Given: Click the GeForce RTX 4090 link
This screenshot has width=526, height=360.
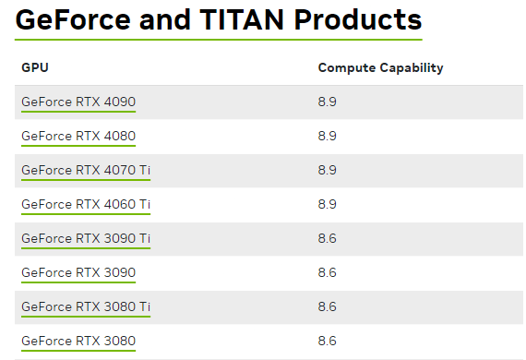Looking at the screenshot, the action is click(x=78, y=102).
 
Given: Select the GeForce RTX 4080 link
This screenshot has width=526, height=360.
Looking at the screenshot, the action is click(x=78, y=137).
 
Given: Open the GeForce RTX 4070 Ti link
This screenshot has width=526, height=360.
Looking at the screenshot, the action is click(x=86, y=171).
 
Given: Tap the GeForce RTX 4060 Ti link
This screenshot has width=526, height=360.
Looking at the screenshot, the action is click(x=86, y=204).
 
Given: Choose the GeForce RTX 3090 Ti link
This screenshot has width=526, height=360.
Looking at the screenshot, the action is click(x=86, y=238).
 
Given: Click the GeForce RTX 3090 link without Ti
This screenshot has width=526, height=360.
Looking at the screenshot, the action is click(x=78, y=272).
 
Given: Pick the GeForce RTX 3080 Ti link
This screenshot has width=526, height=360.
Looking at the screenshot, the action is click(x=86, y=307).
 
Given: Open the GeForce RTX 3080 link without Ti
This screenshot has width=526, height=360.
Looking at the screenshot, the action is click(x=78, y=342).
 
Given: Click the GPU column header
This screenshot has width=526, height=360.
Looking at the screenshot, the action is click(x=35, y=67).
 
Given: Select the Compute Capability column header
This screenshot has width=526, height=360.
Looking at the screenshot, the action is click(x=381, y=68).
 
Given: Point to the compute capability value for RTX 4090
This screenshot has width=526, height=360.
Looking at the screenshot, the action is click(x=327, y=102).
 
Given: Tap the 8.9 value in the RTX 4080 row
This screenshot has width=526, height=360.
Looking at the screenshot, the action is click(x=327, y=137).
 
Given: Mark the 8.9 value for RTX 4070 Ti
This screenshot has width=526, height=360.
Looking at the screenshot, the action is click(x=327, y=171).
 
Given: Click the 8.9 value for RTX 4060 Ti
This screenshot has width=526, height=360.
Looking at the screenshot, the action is click(x=327, y=204).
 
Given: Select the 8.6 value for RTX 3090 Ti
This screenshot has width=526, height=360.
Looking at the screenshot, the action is click(x=327, y=238).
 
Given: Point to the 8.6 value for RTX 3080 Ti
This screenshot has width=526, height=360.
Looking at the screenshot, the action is click(x=327, y=307).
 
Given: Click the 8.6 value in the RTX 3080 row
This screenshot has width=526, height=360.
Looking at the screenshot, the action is click(x=327, y=342).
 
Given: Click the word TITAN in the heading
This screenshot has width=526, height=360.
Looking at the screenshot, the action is click(x=242, y=19).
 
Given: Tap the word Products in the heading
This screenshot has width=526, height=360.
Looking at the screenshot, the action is click(x=358, y=19).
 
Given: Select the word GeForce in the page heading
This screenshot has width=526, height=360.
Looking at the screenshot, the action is click(x=73, y=19).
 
